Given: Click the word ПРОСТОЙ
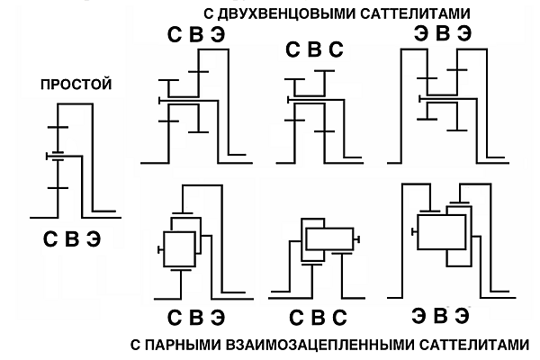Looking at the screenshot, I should click(x=76, y=86).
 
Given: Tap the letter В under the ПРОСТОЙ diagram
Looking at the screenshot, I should click(x=72, y=240).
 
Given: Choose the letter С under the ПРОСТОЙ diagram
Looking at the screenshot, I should click(x=51, y=240).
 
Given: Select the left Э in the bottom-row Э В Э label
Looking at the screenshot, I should click(x=419, y=316).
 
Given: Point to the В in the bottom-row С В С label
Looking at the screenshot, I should click(x=316, y=317).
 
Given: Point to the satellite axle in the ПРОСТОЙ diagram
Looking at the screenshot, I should click(x=58, y=156).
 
